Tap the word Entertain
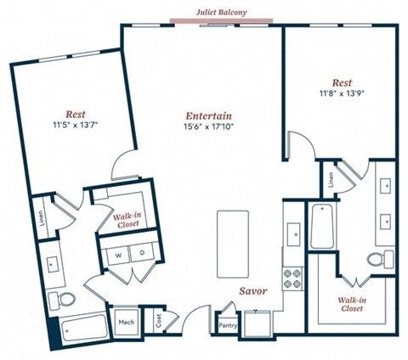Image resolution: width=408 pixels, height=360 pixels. pyautogui.click(x=209, y=115)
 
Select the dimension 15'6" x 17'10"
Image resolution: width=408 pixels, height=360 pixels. pyautogui.click(x=209, y=128)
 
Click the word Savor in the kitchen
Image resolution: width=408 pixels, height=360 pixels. pyautogui.click(x=253, y=291)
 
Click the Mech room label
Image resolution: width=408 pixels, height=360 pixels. pyautogui.click(x=127, y=323)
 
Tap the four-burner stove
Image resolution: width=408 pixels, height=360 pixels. pyautogui.click(x=292, y=278)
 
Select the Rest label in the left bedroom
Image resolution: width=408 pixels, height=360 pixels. pyautogui.click(x=75, y=112)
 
